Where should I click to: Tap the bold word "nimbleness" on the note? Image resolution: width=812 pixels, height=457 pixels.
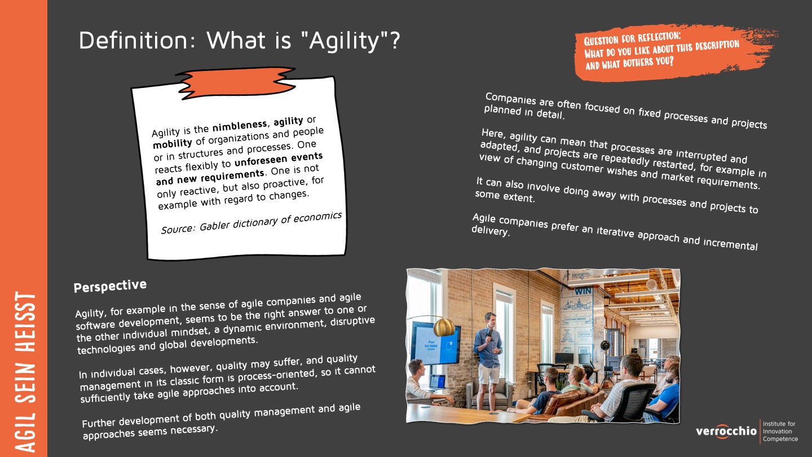tap(240, 126)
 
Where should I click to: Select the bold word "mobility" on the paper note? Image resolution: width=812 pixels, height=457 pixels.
tap(172, 143)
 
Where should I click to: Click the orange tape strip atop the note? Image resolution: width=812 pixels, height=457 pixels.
tap(236, 83)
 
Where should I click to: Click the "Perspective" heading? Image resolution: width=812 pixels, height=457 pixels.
tap(110, 286)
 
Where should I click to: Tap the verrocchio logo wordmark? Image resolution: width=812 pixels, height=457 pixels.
tap(726, 431)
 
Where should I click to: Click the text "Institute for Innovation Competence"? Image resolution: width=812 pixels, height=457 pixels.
tap(780, 431)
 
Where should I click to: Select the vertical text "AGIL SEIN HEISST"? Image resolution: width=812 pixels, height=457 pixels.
tap(25, 372)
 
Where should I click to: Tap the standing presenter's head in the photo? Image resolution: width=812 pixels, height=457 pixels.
tap(490, 320)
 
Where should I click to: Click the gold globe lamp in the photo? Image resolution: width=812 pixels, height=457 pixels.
tap(444, 327)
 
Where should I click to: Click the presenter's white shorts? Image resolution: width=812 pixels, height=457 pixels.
tap(488, 373)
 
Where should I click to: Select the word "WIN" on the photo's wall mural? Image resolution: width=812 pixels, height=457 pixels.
tap(583, 291)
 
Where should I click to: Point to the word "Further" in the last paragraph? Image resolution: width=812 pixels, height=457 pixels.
tap(99, 423)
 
